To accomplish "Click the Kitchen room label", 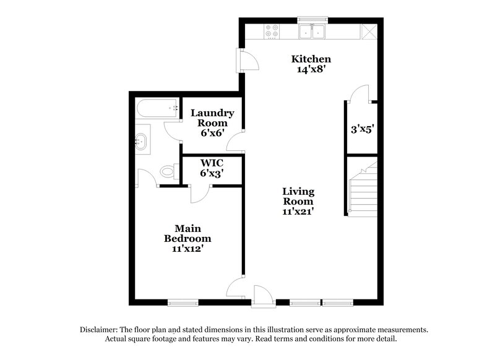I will pyautogui.click(x=312, y=59).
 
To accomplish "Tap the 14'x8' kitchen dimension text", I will pyautogui.click(x=312, y=70).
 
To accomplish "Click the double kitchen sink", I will pyautogui.click(x=312, y=30).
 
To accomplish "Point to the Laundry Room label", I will pyautogui.click(x=212, y=118).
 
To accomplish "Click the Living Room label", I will pyautogui.click(x=298, y=196).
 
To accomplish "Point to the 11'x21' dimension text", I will pyautogui.click(x=298, y=212).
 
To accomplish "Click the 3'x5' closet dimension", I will pyautogui.click(x=362, y=131).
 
